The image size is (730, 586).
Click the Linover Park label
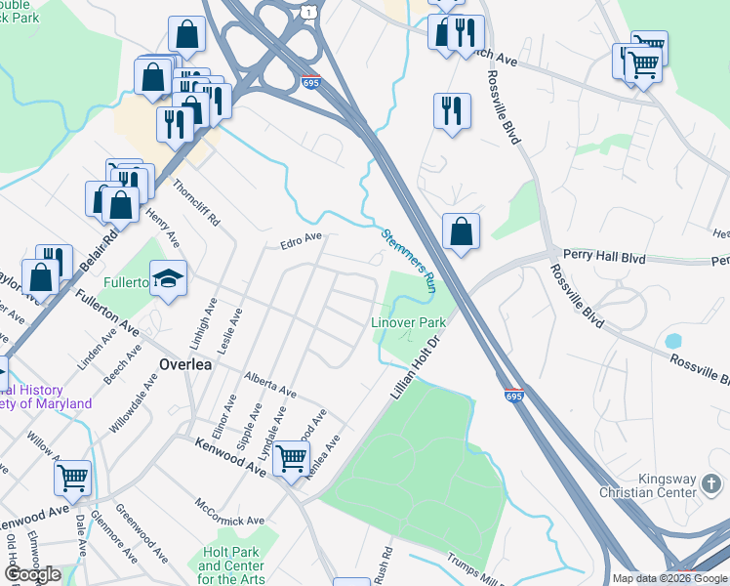tap(408, 322)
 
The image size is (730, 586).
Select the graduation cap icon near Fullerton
tap(169, 279)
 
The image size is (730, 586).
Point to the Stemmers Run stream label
tap(408, 260)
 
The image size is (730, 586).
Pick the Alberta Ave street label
tap(270, 384)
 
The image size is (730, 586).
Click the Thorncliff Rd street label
tap(195, 200)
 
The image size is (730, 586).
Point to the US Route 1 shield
tap(307, 11)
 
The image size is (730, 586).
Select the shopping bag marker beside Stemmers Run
tap(462, 232)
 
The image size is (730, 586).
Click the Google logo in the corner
tap(32, 574)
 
